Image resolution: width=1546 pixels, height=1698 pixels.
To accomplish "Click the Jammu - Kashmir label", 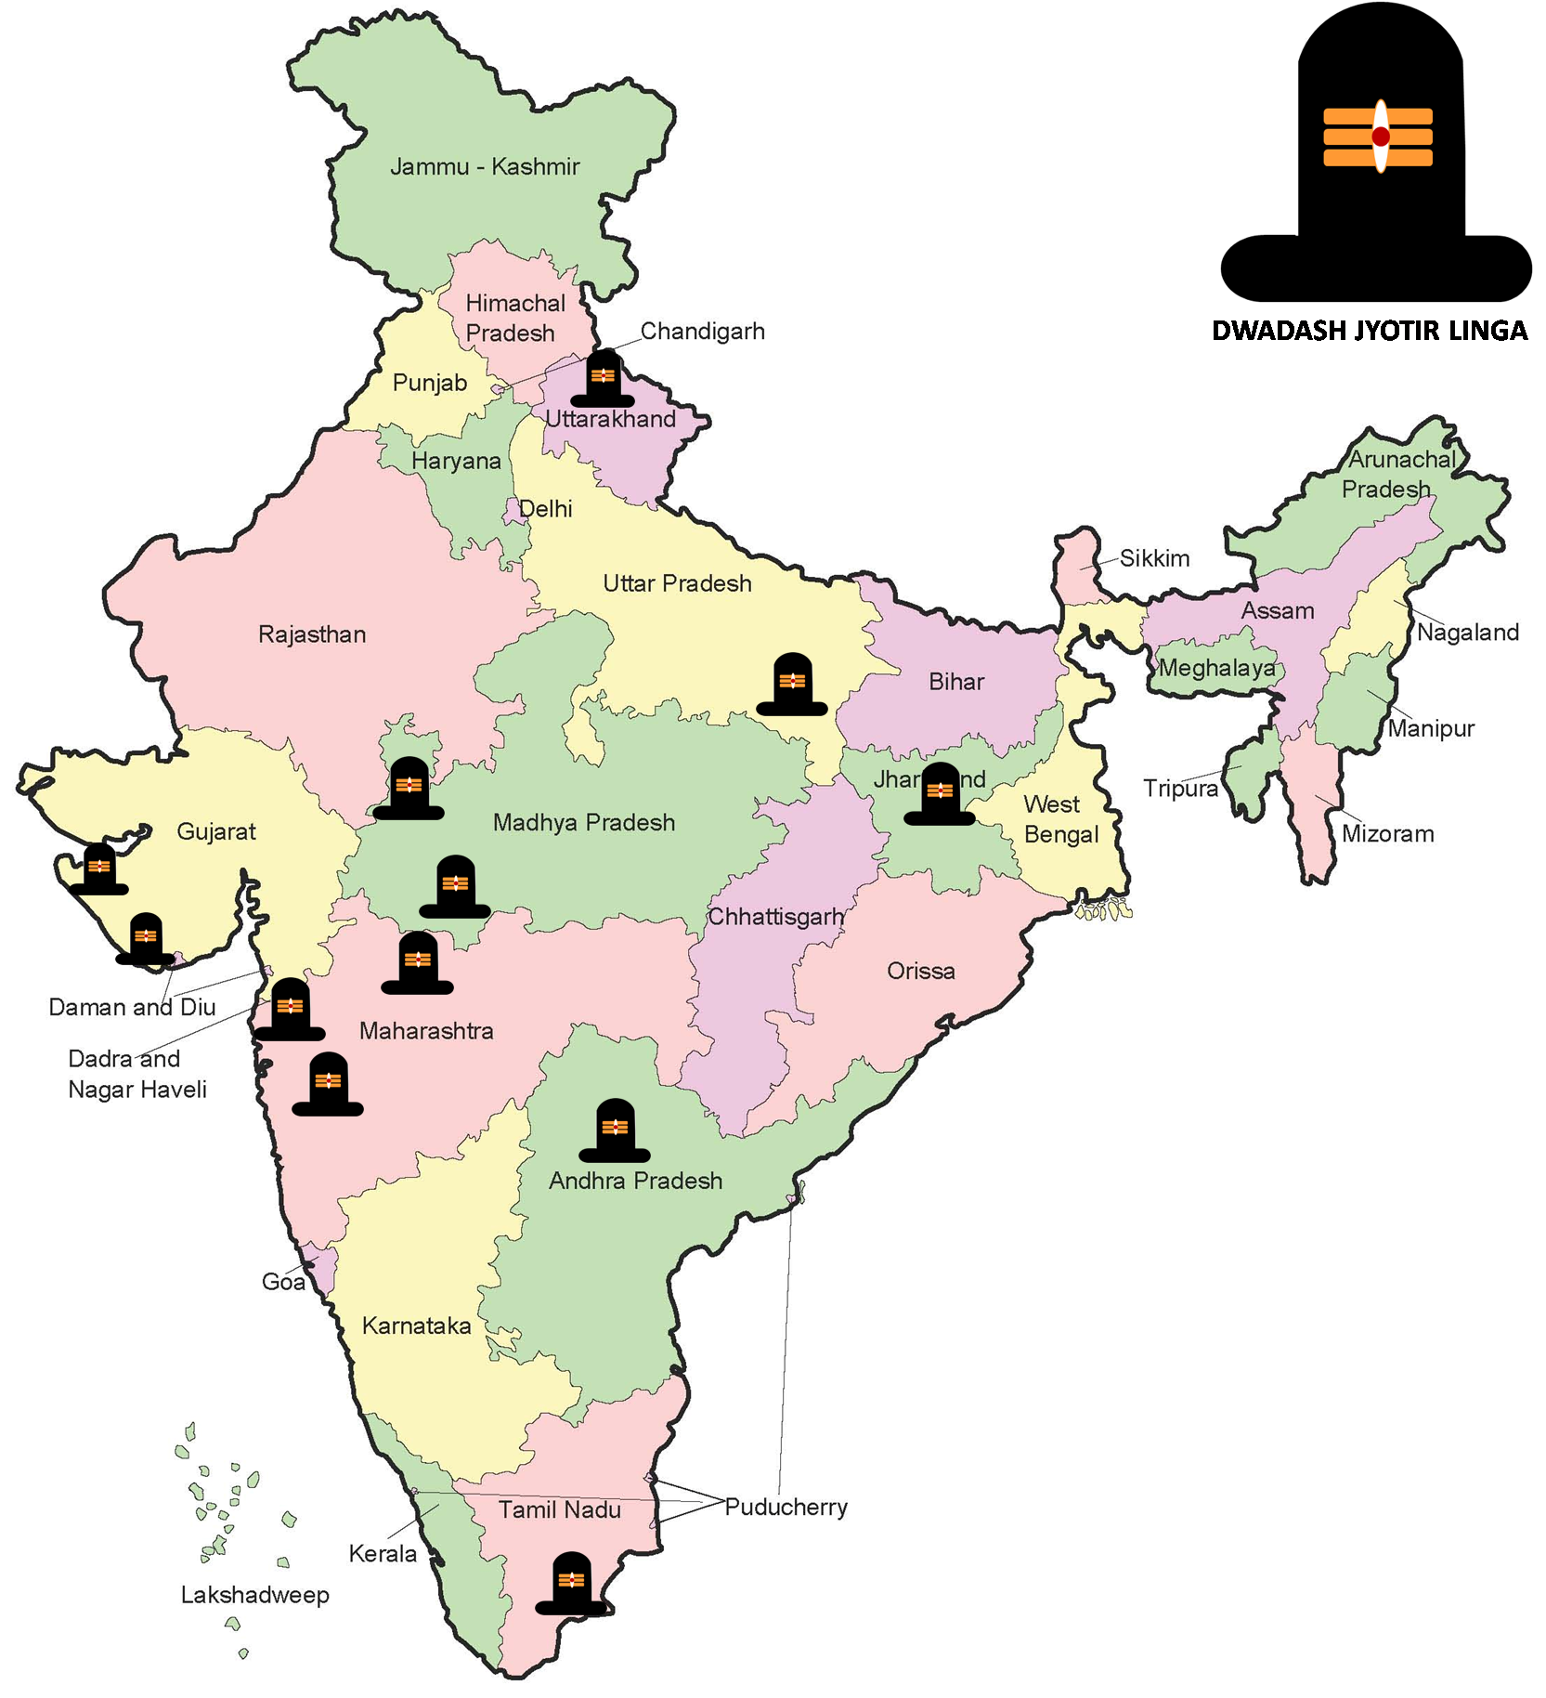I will click(484, 167).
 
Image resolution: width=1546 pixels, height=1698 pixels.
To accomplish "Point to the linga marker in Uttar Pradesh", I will click(792, 685).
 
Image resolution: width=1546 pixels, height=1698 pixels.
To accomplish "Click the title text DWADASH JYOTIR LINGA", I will click(1370, 331).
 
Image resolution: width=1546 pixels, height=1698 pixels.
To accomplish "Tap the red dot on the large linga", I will click(1381, 137).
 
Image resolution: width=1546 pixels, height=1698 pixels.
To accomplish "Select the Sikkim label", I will click(1154, 558).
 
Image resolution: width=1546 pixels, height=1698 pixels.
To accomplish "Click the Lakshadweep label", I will click(254, 1595).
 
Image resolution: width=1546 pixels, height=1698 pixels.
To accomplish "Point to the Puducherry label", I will click(786, 1507).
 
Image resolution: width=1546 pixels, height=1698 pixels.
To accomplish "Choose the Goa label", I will click(283, 1282).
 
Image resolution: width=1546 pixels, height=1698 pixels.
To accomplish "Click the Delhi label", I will click(546, 509).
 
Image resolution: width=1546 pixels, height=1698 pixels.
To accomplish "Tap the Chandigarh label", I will click(702, 332).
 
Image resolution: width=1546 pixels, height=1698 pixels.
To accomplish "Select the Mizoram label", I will click(1387, 833).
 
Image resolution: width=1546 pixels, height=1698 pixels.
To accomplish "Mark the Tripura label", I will click(1180, 789).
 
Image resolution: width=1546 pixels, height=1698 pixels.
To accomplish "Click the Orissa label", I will click(920, 972).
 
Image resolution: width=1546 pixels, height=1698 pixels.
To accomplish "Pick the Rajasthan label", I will click(312, 634).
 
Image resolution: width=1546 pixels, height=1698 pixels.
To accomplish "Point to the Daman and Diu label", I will click(132, 1007).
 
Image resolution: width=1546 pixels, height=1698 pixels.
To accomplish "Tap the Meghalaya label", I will click(1217, 668).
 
